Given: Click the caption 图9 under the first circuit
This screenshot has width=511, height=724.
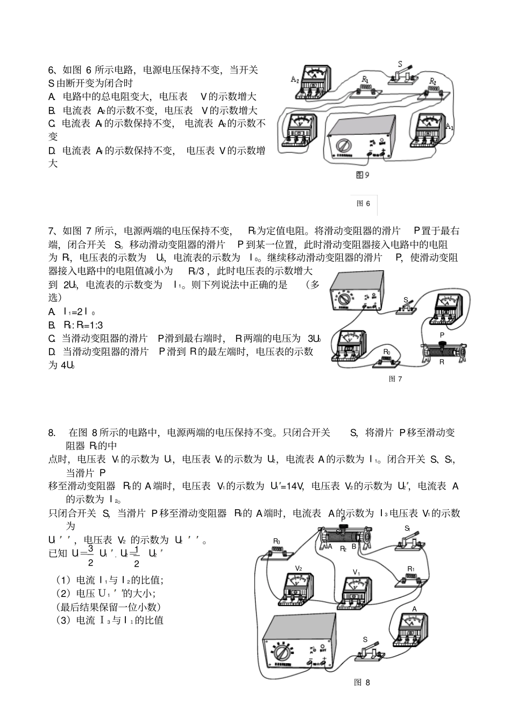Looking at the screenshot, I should coord(363,175).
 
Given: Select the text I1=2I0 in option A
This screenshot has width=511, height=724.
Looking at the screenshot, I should coord(80,312).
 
